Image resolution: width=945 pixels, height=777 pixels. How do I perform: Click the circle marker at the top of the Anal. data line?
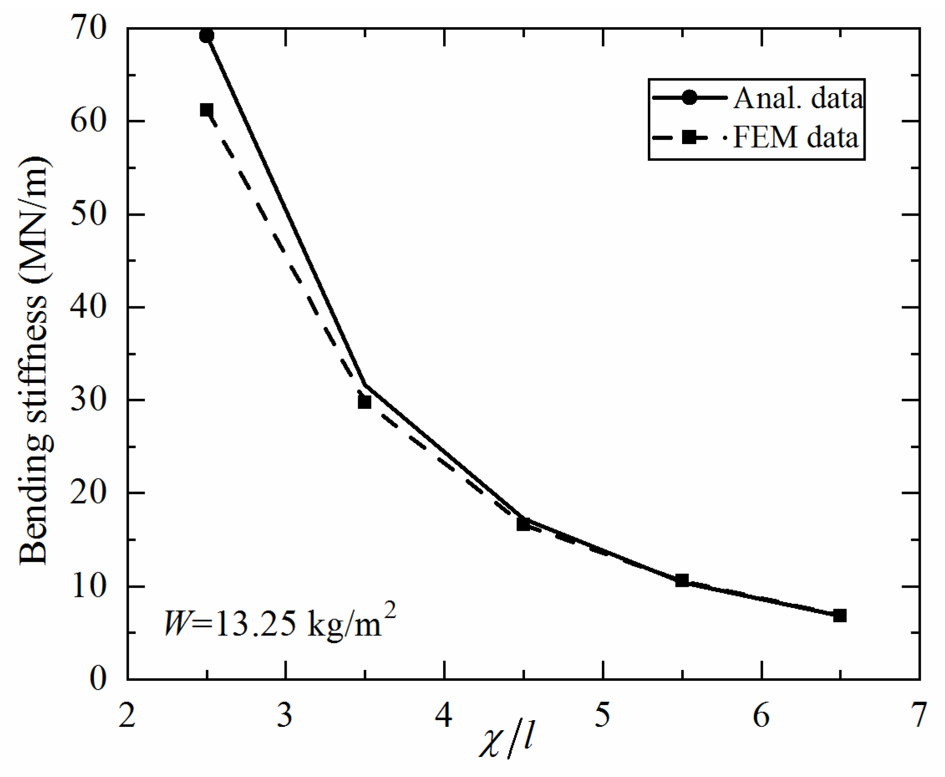pos(206,36)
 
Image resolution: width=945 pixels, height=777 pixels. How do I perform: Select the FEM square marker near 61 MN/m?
pos(206,110)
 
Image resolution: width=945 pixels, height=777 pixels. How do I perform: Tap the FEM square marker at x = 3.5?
pos(364,402)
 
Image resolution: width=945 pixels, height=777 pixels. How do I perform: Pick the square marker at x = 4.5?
pos(523,524)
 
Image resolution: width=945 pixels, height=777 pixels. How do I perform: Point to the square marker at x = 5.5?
pos(681,581)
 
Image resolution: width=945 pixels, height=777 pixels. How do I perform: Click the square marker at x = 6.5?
pos(840,615)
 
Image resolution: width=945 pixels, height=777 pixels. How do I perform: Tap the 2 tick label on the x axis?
pos(127,716)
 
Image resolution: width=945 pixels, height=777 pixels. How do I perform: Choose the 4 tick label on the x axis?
pos(444,716)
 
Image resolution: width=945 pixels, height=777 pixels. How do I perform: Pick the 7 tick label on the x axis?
pos(919,716)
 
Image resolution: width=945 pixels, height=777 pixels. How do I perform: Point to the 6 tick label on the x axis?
pos(761,716)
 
